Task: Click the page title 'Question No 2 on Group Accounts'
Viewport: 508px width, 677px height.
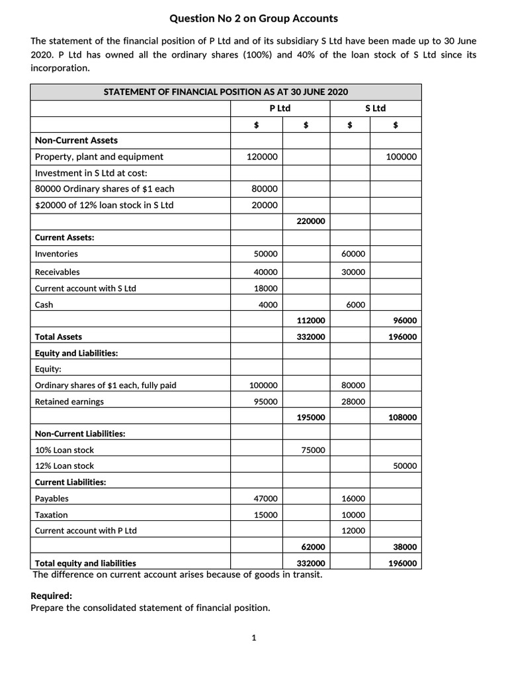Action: [x=254, y=19]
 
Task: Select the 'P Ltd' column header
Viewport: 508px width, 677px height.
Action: [x=280, y=108]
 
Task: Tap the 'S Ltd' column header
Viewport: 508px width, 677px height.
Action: [x=375, y=108]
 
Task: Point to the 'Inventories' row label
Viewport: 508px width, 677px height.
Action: [x=56, y=254]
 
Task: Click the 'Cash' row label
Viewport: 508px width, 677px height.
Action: [x=44, y=305]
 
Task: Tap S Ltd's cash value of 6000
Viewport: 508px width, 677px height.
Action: [x=355, y=305]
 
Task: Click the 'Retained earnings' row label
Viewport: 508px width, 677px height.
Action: [x=69, y=401]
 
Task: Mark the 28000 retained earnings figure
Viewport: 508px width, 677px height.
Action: [x=353, y=401]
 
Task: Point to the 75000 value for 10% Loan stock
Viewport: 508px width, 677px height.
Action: [x=313, y=450]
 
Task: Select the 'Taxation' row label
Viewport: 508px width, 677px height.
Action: [x=51, y=514]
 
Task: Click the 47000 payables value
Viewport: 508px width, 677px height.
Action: [x=266, y=498]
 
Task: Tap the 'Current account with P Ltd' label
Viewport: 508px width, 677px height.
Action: [x=85, y=530]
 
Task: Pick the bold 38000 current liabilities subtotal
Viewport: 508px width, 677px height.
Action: [x=405, y=547]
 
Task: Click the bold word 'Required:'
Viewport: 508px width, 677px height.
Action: [x=52, y=596]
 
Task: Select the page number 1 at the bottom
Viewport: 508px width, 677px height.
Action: [x=253, y=638]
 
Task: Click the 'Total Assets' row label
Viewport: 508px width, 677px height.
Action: [x=58, y=337]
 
